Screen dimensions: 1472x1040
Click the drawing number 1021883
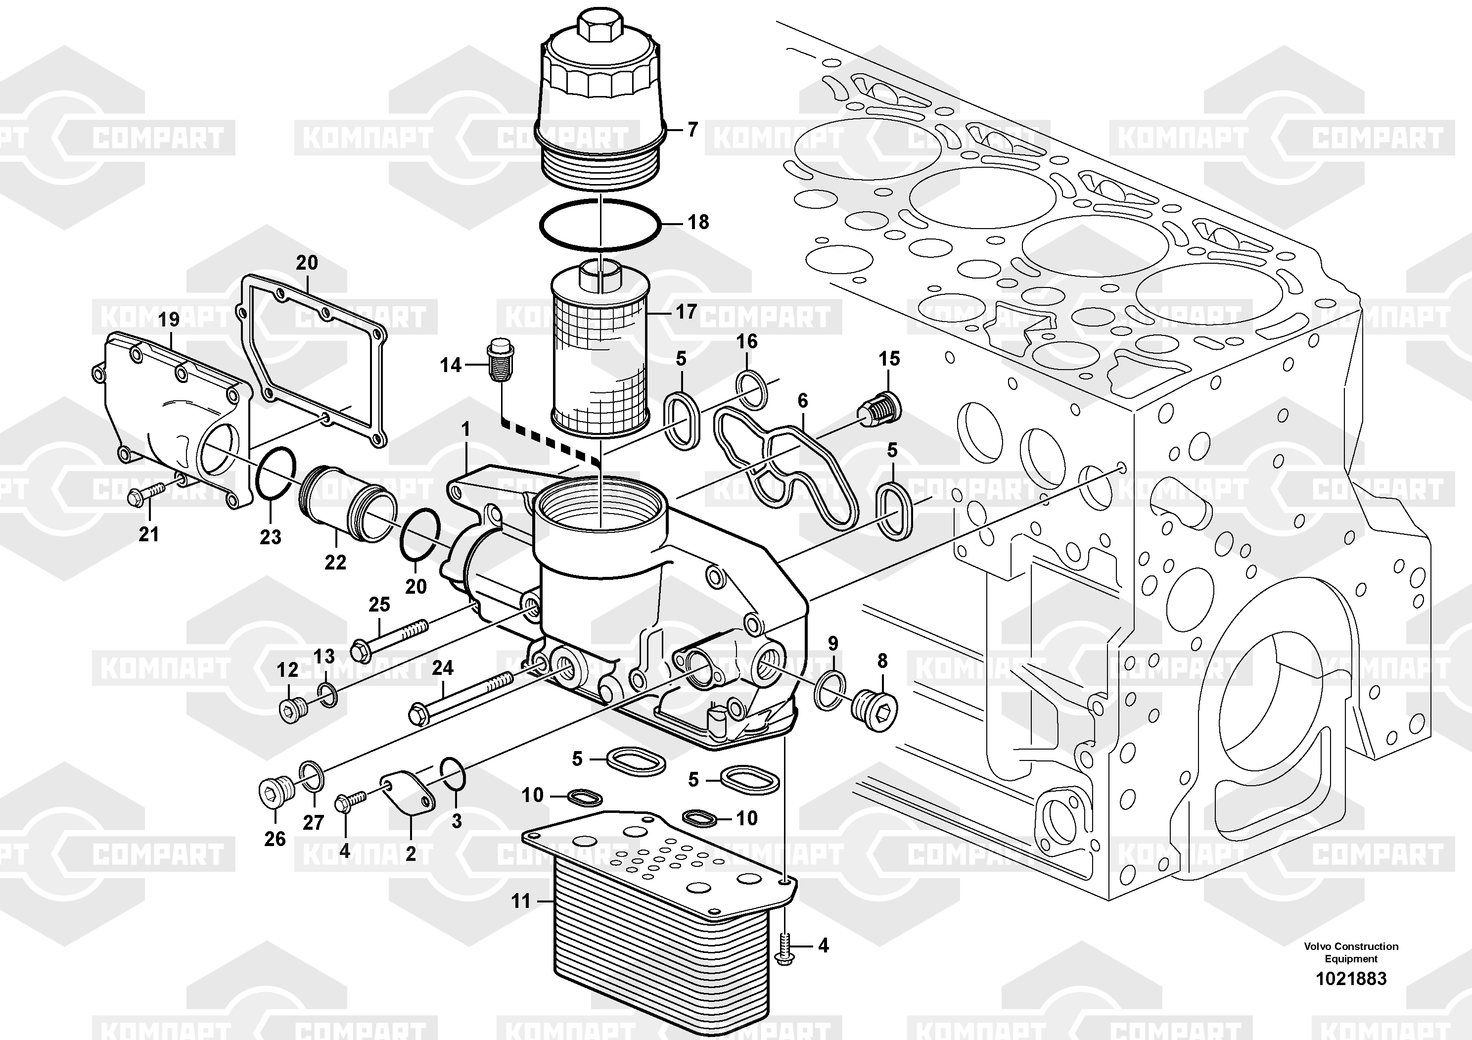[1351, 979]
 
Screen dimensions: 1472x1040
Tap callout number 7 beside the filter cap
[692, 130]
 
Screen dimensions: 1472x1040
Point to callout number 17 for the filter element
[686, 312]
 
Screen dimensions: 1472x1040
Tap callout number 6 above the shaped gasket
[803, 401]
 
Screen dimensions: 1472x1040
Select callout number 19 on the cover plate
[169, 319]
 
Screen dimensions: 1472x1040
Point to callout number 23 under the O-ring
[271, 537]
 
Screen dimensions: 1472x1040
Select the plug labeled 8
[874, 710]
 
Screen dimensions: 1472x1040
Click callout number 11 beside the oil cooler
[520, 901]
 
